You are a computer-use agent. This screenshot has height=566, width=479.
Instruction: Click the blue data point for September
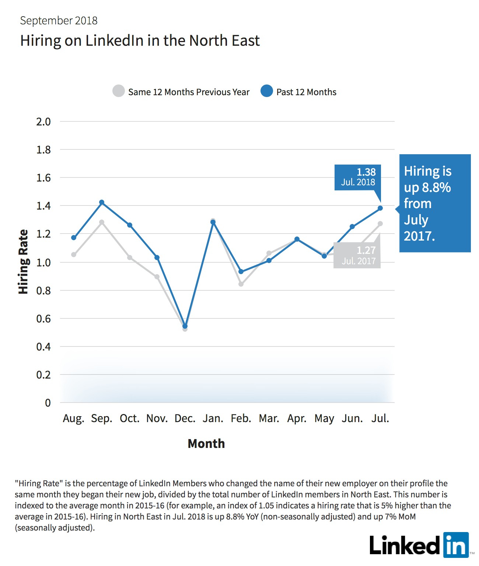click(x=102, y=202)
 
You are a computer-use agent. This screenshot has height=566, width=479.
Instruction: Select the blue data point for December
click(x=185, y=326)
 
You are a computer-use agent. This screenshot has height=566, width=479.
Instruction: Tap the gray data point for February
click(x=241, y=284)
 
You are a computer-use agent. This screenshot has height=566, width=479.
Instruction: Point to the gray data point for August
click(x=74, y=255)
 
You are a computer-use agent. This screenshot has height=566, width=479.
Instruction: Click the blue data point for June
click(x=352, y=227)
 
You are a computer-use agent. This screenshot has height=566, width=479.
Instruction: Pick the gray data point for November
click(x=157, y=277)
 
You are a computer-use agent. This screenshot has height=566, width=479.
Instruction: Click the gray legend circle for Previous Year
click(x=119, y=91)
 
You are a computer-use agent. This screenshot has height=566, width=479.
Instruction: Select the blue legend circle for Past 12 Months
click(x=267, y=91)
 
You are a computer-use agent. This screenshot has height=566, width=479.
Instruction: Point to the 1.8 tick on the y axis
click(x=43, y=150)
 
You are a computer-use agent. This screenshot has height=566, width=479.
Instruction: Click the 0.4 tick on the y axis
click(x=43, y=347)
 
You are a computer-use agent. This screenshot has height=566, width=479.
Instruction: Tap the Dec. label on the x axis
click(x=185, y=418)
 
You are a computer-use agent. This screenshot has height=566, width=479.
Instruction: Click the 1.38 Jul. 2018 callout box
click(x=358, y=177)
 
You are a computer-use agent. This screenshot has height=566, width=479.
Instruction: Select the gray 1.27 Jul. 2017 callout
click(x=357, y=255)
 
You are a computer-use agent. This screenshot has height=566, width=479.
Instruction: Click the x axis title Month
click(x=206, y=444)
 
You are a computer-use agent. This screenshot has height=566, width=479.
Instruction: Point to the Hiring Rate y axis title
click(x=23, y=262)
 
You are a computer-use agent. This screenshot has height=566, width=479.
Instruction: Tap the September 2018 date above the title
click(x=59, y=21)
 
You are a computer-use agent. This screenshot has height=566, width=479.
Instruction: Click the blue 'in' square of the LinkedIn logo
click(x=456, y=545)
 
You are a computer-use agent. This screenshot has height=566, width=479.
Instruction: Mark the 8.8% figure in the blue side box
click(x=436, y=187)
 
